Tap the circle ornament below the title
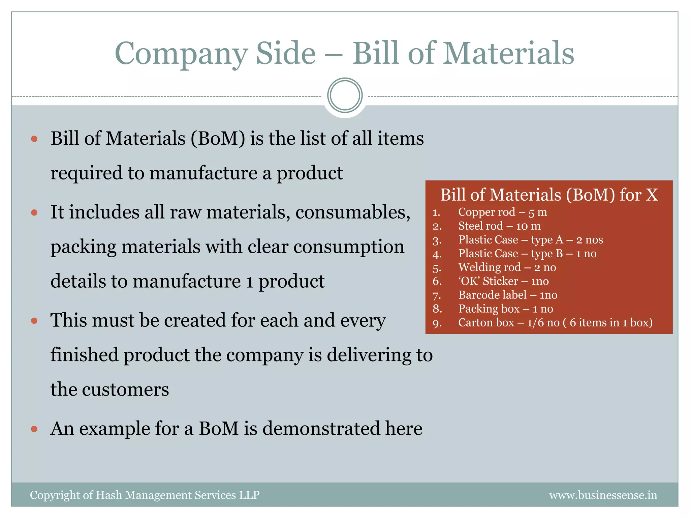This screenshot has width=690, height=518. (345, 95)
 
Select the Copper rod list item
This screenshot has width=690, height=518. (502, 212)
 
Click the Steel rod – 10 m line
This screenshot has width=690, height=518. (499, 226)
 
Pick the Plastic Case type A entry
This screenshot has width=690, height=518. (530, 240)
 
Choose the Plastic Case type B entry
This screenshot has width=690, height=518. (527, 254)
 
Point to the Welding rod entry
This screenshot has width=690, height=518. (507, 267)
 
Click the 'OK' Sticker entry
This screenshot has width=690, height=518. (503, 281)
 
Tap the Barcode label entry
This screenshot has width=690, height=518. (508, 295)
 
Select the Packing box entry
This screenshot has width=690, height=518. (506, 309)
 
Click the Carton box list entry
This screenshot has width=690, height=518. (555, 323)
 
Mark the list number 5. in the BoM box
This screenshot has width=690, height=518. (437, 268)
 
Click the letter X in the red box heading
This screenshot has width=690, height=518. (652, 195)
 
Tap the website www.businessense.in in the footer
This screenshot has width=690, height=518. (603, 495)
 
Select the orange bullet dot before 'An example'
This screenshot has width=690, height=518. (34, 429)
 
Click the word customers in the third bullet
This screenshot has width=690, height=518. (125, 390)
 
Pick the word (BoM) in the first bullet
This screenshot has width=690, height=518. (218, 139)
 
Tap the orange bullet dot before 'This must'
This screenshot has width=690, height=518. (34, 320)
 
